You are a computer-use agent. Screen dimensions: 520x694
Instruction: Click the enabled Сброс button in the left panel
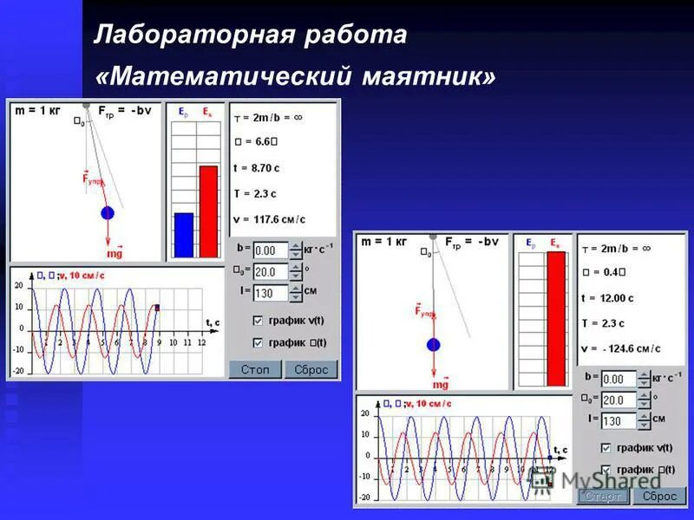point(311,370)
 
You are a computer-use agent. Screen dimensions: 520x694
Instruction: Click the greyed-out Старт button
point(603,497)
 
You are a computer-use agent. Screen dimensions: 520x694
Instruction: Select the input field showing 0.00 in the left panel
point(270,250)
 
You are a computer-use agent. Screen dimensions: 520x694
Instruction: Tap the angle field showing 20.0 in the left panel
point(270,271)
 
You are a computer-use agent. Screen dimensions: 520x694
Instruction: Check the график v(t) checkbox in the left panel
point(258,321)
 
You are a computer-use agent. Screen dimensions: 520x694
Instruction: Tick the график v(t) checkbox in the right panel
point(606,448)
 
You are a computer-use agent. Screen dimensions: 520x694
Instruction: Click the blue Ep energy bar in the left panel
point(183,235)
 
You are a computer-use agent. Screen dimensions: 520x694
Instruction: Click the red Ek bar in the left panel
point(208,211)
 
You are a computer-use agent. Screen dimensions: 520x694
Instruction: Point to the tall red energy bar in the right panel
point(555,319)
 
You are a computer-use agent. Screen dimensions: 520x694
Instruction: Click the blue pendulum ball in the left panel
point(108,212)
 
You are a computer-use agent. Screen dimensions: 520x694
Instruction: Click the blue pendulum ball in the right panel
point(434,344)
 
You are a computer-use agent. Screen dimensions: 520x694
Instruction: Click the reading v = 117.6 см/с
point(270,219)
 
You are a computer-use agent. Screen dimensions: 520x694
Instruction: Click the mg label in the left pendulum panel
point(115,254)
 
